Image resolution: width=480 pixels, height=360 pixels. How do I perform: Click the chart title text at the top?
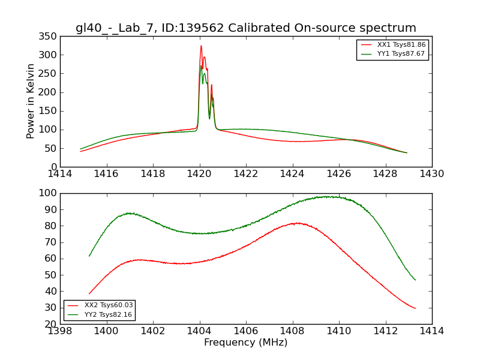click(246, 28)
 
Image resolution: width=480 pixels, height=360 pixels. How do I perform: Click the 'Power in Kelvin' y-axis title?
click(31, 101)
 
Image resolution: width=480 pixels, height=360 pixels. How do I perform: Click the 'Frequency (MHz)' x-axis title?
click(246, 343)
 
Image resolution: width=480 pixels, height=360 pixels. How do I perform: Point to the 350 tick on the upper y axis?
click(49, 36)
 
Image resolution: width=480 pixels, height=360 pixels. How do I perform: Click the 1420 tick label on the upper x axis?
click(200, 174)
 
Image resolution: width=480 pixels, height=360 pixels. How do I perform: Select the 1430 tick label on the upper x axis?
click(432, 174)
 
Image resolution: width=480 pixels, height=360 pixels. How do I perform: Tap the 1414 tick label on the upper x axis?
click(60, 174)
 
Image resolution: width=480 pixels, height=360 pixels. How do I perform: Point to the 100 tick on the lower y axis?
click(49, 193)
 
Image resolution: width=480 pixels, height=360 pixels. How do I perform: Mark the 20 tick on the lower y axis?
click(52, 324)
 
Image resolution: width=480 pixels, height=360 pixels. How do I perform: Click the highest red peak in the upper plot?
click(201, 46)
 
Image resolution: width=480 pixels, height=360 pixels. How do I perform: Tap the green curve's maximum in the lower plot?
click(329, 196)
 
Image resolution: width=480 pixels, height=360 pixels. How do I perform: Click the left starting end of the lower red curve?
click(89, 294)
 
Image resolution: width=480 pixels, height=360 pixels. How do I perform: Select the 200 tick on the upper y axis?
click(49, 92)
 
